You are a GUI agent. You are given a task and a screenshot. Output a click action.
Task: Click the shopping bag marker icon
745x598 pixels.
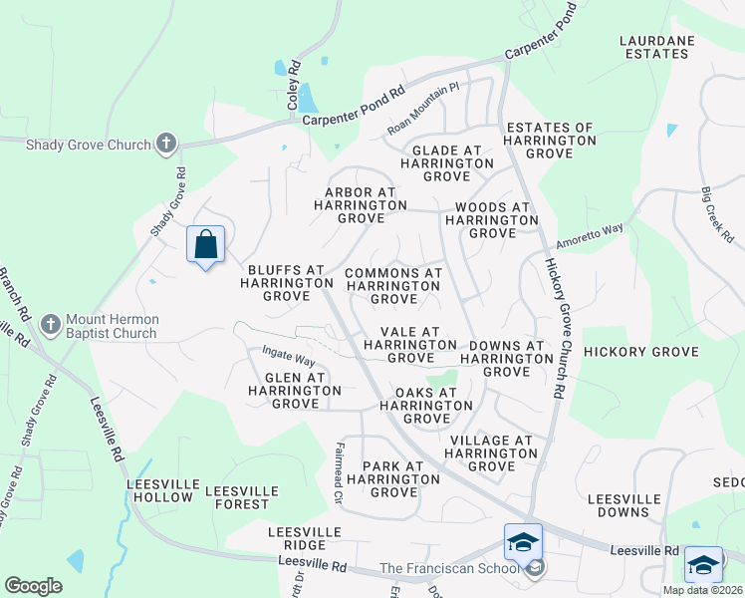(205, 243)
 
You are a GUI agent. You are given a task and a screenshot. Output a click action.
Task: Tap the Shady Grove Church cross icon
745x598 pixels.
(166, 145)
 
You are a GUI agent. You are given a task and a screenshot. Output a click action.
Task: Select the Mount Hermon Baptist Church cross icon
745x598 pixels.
(51, 325)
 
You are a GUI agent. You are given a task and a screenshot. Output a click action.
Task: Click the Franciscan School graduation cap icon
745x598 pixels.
(523, 543)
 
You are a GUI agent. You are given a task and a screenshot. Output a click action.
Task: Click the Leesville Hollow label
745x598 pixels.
(159, 490)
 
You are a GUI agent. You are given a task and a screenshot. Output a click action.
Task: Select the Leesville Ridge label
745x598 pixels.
(297, 539)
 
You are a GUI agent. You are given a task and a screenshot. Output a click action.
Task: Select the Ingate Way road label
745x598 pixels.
(288, 354)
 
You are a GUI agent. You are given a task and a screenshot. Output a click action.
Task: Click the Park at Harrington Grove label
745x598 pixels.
(387, 479)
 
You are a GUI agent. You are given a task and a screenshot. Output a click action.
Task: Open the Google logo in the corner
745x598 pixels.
(33, 586)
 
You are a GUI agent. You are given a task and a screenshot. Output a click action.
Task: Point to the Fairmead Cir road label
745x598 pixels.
(339, 472)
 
